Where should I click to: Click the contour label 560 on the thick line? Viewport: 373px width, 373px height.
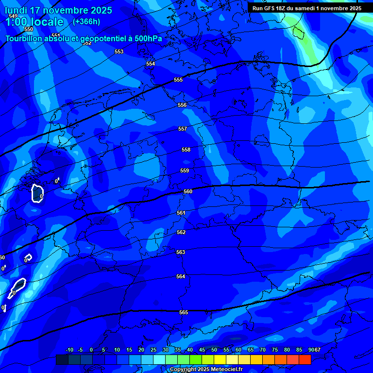188,191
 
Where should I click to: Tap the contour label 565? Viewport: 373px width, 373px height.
184,312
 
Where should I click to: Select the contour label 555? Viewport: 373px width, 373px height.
178,80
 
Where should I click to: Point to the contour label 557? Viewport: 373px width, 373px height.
183,129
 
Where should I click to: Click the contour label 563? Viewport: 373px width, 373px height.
181,252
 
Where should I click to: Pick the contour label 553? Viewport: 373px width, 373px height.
119,51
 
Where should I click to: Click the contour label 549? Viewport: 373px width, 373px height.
13,16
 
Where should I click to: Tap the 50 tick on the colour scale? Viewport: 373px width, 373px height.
214,350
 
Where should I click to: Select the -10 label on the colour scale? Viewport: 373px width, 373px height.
69,350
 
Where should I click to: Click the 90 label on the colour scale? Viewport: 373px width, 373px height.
310,350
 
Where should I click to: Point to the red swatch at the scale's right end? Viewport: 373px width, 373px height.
305,359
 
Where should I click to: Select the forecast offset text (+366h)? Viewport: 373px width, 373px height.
86,21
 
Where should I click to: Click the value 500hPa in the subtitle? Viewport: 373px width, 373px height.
148,38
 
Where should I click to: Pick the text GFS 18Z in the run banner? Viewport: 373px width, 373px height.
276,8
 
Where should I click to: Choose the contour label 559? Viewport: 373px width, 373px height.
185,170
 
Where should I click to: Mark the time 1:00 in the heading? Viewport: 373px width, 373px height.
17,22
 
